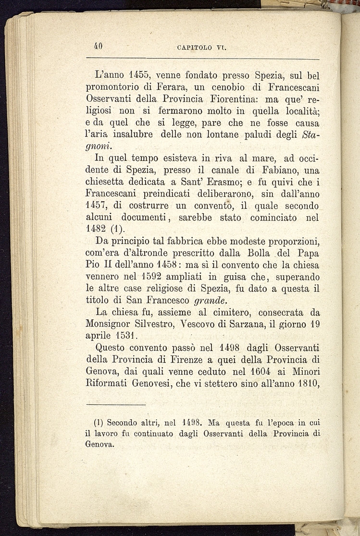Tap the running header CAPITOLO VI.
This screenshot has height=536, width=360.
198,48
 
